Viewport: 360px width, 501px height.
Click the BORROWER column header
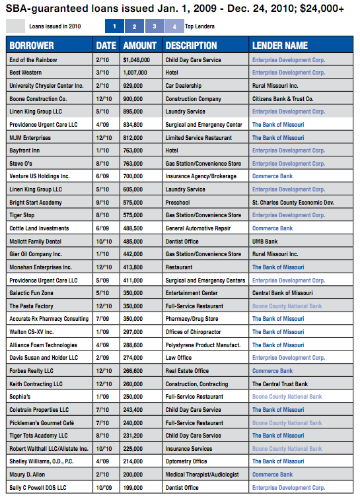pyautogui.click(x=32, y=46)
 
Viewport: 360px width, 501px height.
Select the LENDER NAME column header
pyautogui.click(x=280, y=46)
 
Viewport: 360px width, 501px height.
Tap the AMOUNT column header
pyautogui.click(x=140, y=46)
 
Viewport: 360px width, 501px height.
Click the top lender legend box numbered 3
pyautogui.click(x=155, y=26)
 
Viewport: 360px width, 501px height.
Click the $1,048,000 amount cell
pyautogui.click(x=139, y=59)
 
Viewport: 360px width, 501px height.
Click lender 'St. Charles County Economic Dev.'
pyautogui.click(x=297, y=202)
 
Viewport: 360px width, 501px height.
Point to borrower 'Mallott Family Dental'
pyautogui.click(x=39, y=241)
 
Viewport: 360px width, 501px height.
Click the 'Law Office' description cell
pyautogui.click(x=182, y=358)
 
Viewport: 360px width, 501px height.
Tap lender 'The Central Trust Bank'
pyautogui.click(x=280, y=384)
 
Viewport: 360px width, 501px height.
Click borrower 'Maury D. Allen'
pyautogui.click(x=30, y=475)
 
